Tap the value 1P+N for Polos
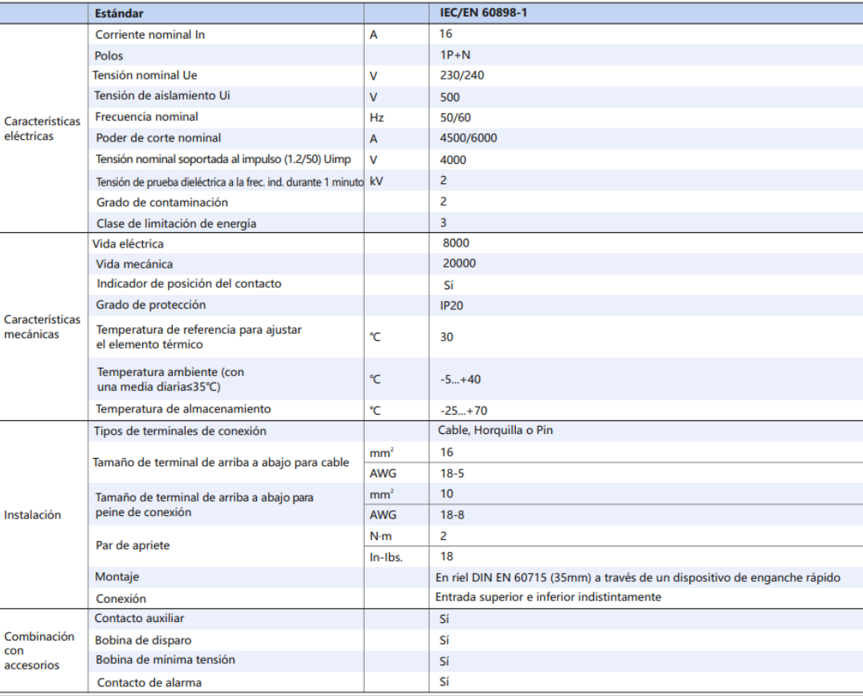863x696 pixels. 456,55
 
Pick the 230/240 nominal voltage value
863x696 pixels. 462,76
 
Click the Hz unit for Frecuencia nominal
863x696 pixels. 377,117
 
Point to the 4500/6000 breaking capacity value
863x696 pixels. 468,137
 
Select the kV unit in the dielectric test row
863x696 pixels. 377,181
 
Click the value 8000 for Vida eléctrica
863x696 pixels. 456,244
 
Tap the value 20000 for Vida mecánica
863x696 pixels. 459,264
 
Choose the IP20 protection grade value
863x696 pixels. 452,305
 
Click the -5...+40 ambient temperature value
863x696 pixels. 460,379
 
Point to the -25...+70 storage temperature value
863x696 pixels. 464,410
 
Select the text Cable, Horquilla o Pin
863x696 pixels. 495,431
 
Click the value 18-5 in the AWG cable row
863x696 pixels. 452,473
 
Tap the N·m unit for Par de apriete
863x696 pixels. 380,536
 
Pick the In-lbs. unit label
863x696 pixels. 387,557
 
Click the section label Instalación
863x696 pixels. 32,515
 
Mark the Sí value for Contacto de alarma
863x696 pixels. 444,682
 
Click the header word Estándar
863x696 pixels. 120,14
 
